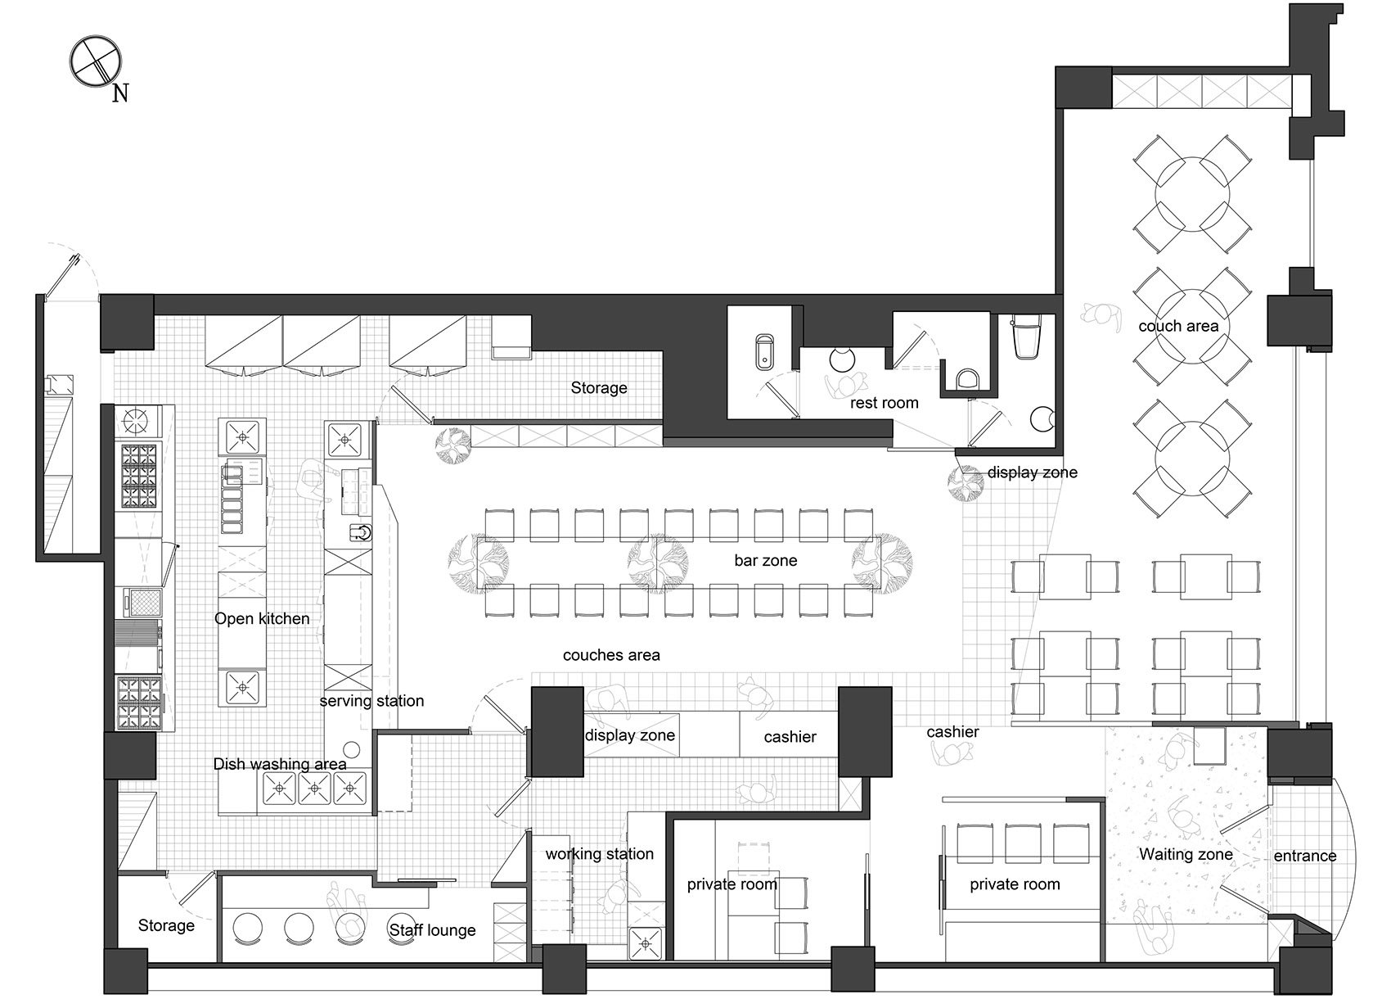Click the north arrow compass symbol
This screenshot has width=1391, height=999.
click(x=95, y=61)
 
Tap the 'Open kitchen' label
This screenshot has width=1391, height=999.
click(x=262, y=619)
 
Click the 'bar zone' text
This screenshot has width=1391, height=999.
click(x=766, y=560)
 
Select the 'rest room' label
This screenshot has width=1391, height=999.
click(x=885, y=403)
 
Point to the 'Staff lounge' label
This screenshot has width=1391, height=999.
click(x=432, y=930)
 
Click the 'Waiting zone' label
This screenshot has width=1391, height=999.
click(x=1186, y=855)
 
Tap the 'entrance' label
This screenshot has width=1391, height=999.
click(x=1305, y=856)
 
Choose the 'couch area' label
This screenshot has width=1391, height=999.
click(x=1178, y=326)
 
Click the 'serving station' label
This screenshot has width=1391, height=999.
click(x=371, y=701)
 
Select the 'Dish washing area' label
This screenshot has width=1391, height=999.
click(x=280, y=764)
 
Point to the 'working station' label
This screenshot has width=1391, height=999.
click(x=599, y=854)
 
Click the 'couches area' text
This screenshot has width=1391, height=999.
click(x=611, y=655)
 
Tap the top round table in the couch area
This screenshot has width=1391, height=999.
click(x=1191, y=194)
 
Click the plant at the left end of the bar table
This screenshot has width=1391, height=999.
click(x=478, y=563)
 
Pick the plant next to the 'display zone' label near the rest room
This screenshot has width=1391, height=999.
click(x=966, y=484)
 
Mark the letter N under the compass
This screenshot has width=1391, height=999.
click(x=120, y=93)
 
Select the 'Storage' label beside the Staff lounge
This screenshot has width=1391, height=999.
click(x=166, y=925)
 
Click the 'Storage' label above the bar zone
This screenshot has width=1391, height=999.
click(x=599, y=388)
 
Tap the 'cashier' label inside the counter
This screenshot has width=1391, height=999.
click(x=790, y=738)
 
